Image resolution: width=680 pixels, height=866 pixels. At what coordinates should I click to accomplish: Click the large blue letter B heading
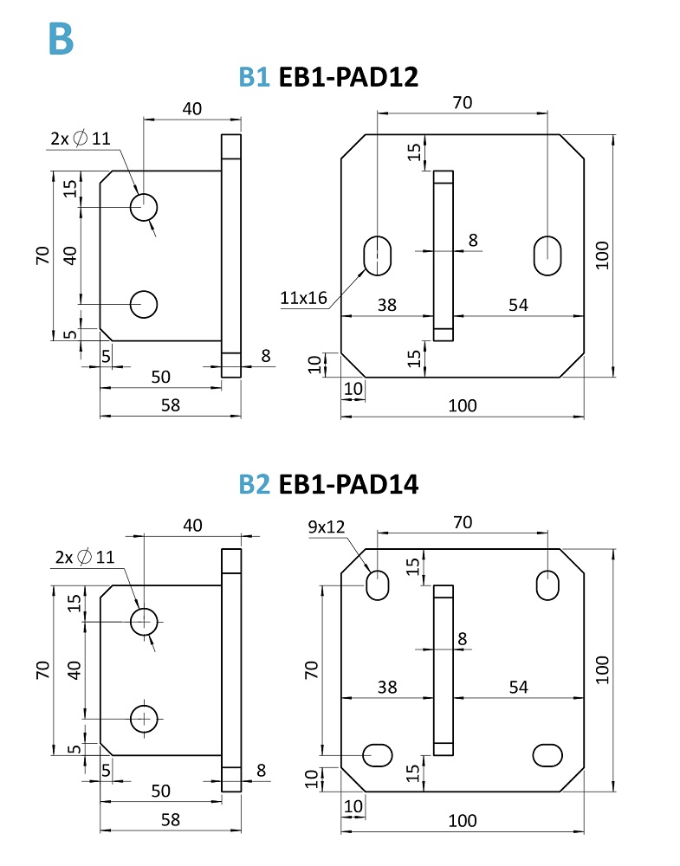point(61,38)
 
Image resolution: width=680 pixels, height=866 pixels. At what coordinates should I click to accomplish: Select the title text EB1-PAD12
point(348,78)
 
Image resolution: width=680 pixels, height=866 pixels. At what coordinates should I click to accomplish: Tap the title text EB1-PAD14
point(348,485)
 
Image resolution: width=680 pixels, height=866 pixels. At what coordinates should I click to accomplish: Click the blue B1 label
point(255,78)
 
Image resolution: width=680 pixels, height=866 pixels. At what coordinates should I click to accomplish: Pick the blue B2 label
point(255,485)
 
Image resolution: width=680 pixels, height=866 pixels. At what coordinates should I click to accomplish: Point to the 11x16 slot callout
point(303,299)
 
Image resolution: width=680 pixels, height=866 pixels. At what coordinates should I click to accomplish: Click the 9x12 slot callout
point(326,526)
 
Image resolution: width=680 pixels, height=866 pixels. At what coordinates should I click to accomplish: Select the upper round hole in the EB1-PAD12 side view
point(144,206)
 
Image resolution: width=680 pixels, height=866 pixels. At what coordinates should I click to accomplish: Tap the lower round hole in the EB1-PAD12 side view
point(144,303)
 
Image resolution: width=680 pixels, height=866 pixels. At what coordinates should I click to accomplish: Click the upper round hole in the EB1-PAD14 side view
point(144,620)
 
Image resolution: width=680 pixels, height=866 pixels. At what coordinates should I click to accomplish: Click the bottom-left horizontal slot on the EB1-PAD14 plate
point(379,754)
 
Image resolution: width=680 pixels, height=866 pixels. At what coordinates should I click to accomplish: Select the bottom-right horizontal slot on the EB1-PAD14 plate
point(547,754)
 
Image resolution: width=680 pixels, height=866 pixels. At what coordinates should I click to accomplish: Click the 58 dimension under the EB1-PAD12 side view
point(171,405)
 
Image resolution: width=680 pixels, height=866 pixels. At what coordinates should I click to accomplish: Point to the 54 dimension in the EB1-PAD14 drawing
point(518,687)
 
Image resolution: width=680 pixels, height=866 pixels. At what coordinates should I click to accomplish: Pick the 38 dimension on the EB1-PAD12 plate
point(387,305)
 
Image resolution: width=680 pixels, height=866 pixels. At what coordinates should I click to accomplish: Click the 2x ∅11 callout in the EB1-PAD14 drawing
point(84,557)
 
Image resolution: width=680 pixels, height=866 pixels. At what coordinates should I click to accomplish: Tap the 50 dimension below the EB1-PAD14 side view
point(161,791)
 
